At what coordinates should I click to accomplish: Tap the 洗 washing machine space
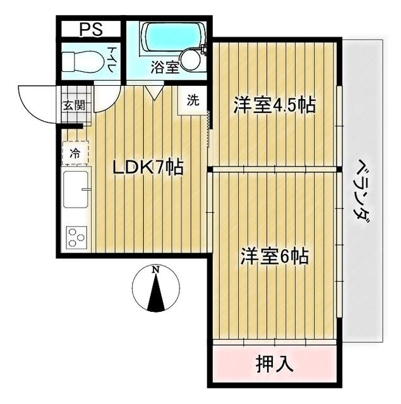pos(193,100)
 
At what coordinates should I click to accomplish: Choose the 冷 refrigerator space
pos(75,152)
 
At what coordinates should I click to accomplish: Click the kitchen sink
pos(75,192)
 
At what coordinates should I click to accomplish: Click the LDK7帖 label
pos(148,167)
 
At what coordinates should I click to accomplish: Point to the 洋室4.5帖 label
pos(275,104)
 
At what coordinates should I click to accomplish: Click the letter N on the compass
pos(155,270)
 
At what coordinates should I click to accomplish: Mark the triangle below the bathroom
pos(152,93)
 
